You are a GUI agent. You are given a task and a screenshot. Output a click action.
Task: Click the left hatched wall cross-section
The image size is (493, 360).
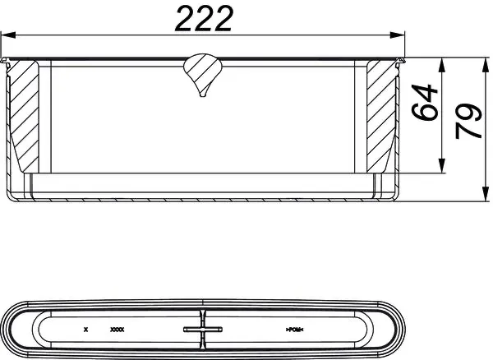click(24, 115)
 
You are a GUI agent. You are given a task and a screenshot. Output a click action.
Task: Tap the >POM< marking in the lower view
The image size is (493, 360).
click(296, 330)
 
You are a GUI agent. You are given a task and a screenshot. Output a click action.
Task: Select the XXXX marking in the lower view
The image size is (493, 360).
click(117, 330)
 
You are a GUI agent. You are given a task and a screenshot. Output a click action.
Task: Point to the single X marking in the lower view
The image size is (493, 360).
click(85, 330)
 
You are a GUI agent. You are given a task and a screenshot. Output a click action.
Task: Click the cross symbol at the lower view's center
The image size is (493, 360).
click(203, 330)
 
